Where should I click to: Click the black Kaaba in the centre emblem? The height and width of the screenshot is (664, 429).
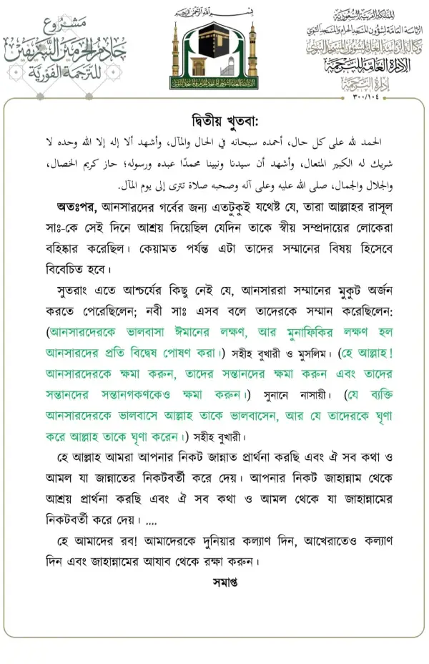[214, 42]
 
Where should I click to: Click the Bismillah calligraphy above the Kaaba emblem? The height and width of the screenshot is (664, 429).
[214, 12]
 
